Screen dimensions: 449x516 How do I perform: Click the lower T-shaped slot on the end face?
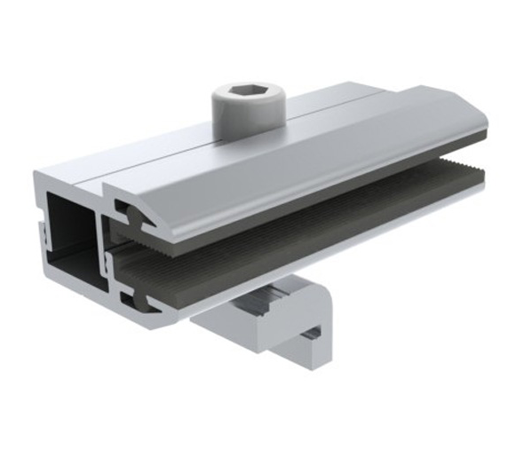pyautogui.click(x=133, y=300)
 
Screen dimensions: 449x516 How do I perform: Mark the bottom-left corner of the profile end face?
pyautogui.click(x=44, y=282)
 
